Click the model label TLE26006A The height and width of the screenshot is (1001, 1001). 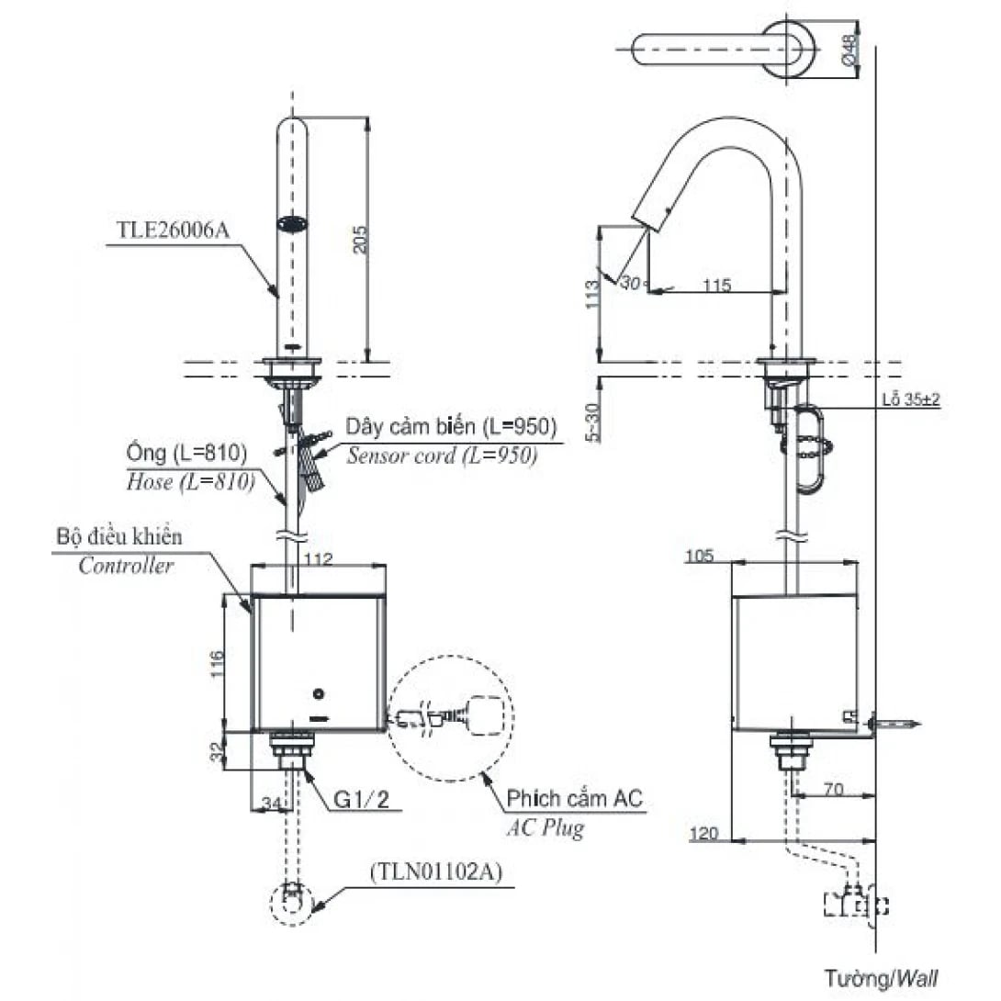173,231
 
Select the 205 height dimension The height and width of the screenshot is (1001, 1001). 360,240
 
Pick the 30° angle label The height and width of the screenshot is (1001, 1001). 629,284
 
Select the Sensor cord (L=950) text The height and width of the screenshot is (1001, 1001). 441,456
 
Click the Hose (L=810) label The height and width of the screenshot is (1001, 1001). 188,481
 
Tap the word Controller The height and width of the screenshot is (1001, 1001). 126,566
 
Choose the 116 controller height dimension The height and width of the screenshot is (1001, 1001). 217,663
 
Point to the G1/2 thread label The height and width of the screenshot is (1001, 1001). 361,800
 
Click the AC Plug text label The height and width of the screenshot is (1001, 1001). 545,828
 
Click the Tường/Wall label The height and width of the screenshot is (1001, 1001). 881,977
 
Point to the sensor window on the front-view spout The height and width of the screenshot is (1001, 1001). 293,223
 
